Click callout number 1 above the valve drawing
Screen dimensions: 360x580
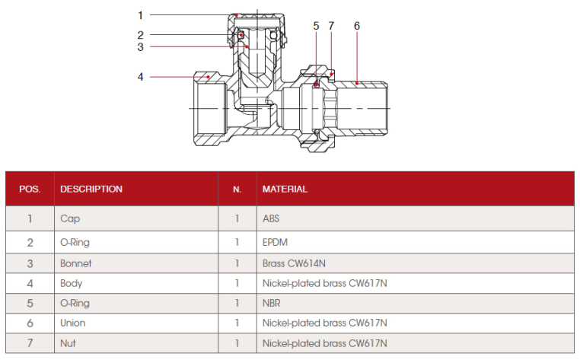tap(141, 14)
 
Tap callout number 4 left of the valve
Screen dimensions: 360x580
tap(141, 76)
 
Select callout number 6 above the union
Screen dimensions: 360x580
tap(356, 26)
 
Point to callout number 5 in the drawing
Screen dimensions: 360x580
tap(316, 26)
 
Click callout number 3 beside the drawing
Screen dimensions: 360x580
tap(141, 47)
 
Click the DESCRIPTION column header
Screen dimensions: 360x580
tap(91, 189)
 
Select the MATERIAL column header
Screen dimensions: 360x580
tap(285, 189)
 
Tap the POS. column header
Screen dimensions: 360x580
tap(30, 189)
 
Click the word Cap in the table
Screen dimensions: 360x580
tap(69, 218)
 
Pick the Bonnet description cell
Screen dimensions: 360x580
tap(75, 263)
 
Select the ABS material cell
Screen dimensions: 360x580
tap(272, 218)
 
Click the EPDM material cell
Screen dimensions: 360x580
tap(276, 243)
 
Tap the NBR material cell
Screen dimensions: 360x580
tap(272, 303)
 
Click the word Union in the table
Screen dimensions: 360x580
tap(73, 323)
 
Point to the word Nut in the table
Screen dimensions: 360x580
tap(68, 343)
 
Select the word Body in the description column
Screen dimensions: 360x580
tap(71, 284)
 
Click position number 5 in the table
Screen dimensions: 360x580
tap(30, 303)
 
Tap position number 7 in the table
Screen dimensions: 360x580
tap(30, 343)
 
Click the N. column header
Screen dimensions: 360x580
tap(237, 189)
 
